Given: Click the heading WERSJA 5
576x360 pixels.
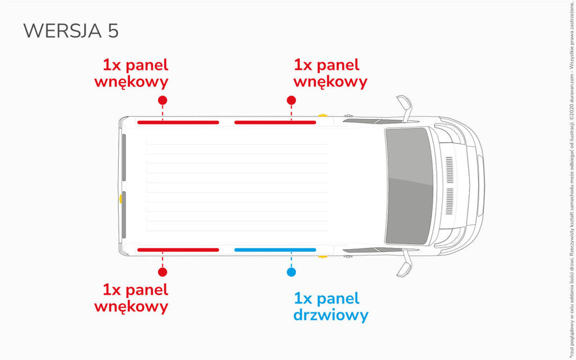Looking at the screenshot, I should pyautogui.click(x=71, y=31).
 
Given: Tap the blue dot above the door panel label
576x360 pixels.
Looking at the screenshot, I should pyautogui.click(x=291, y=272).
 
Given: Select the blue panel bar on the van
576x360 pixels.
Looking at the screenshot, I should pyautogui.click(x=275, y=250).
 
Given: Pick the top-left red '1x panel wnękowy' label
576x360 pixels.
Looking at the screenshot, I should pyautogui.click(x=139, y=73).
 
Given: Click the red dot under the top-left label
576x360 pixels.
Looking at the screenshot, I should pyautogui.click(x=163, y=100).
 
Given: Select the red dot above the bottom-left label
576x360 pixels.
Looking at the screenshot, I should pyautogui.click(x=163, y=272).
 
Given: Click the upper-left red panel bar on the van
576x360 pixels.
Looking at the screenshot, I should pyautogui.click(x=178, y=122).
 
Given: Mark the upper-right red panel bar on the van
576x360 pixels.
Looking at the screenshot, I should pyautogui.click(x=275, y=122).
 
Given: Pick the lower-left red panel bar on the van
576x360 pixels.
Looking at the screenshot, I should pyautogui.click(x=178, y=250).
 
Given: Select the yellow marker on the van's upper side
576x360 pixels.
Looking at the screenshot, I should pyautogui.click(x=339, y=116).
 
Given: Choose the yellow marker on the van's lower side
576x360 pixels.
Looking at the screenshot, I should pyautogui.click(x=339, y=256).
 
